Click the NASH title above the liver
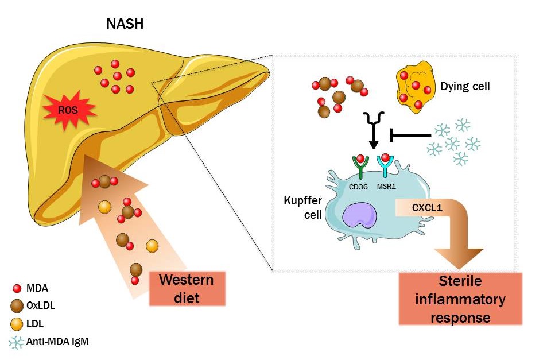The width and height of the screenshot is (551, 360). tap(125, 24)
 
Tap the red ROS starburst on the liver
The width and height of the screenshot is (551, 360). tap(68, 109)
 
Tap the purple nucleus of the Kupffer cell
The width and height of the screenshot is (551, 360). tap(359, 218)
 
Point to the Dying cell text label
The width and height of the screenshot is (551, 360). tap(465, 87)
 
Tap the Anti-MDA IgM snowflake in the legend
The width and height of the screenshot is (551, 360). tap(17, 342)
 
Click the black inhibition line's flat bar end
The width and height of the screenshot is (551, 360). tap(392, 136)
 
